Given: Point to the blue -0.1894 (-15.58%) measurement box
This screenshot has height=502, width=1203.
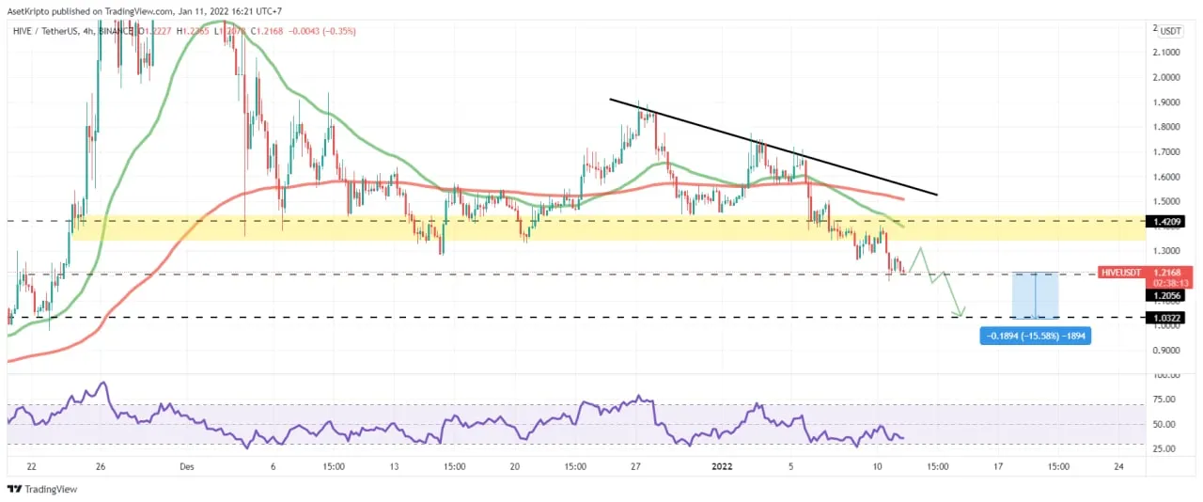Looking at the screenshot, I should pos(1034,336).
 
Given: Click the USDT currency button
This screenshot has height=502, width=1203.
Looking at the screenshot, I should pos(1170,31).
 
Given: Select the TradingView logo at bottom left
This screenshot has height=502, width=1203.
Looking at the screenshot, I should pos(42,489).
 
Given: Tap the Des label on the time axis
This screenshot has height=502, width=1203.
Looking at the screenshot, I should pos(187,466).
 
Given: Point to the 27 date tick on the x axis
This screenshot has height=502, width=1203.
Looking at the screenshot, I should pos(636,466).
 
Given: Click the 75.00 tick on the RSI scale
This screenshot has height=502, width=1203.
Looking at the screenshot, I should pos(1166,399).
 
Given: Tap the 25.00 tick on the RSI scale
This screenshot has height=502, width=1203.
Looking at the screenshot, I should pos(1166,448).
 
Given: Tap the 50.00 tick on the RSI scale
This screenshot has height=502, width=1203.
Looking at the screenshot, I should pos(1166,424).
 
